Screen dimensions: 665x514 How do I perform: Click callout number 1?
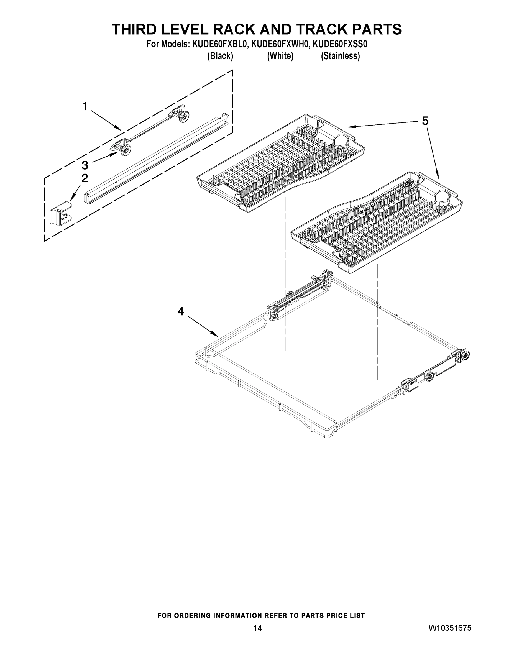[85, 107]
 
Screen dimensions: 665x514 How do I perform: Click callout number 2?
[85, 178]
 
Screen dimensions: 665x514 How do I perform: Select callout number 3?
[85, 165]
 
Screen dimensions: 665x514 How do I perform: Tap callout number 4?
[181, 311]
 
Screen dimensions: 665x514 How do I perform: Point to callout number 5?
[425, 121]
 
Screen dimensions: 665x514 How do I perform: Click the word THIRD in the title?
[135, 30]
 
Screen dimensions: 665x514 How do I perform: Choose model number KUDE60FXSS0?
[340, 44]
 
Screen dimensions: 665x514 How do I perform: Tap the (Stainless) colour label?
[340, 56]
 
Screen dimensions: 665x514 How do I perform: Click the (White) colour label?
[280, 56]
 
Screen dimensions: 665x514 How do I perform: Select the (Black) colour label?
[220, 56]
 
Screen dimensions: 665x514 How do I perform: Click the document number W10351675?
[450, 628]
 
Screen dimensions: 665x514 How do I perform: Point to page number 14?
[257, 628]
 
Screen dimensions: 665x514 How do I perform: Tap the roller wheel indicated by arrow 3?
[125, 150]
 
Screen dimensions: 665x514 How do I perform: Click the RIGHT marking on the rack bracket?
[413, 383]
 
